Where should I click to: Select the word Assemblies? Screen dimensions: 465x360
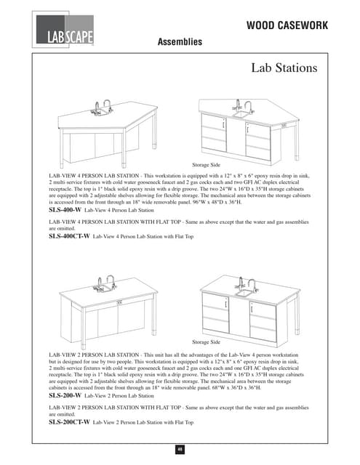coord(180,43)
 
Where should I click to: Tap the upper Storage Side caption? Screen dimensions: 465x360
coord(207,166)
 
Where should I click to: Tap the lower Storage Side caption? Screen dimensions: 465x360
coord(207,341)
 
